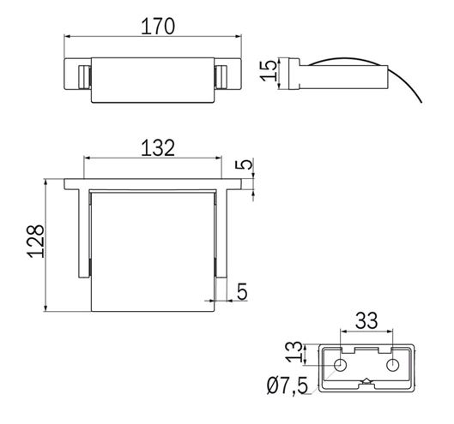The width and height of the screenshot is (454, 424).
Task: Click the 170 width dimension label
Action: coord(158,27)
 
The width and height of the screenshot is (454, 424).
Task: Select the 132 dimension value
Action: coord(158,148)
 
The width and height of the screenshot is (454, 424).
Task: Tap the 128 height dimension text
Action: coord(36,241)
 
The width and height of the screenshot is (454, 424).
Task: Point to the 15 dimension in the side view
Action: coord(268,70)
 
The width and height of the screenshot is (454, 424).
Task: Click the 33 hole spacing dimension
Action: coord(366,320)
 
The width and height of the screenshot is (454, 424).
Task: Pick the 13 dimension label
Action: coord(294,352)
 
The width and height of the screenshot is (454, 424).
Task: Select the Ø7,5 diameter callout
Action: coord(288,386)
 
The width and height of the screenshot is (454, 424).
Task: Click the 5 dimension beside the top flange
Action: coord(245,164)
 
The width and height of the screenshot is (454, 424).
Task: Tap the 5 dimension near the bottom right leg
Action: coord(242,291)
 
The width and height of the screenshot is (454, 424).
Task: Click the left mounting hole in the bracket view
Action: coord(340,365)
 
